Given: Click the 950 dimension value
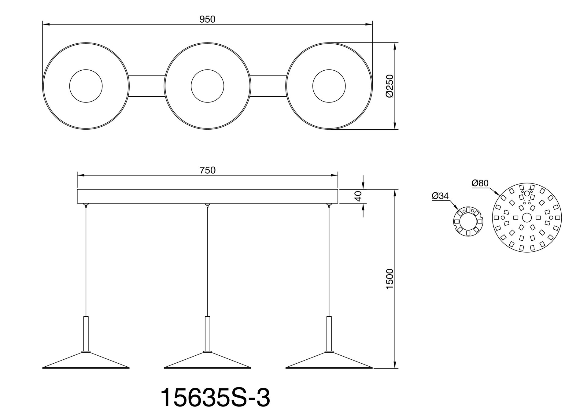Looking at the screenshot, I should click(x=207, y=19).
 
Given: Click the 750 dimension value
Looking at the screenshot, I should click(x=207, y=170).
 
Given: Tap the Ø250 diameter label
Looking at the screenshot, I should click(x=389, y=86).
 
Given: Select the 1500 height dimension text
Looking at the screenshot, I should click(x=389, y=279).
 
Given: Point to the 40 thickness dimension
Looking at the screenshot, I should click(x=358, y=196).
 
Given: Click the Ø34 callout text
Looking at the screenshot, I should click(x=440, y=196).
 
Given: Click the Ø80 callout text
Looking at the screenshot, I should click(x=480, y=183).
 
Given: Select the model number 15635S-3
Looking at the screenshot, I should click(x=215, y=398).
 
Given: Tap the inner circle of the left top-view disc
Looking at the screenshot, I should click(x=86, y=86).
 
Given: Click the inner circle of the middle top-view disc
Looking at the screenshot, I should click(x=207, y=86).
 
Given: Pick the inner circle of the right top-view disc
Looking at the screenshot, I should click(x=329, y=86).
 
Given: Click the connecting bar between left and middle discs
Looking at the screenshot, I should click(x=147, y=86).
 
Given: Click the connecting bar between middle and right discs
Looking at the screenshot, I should click(x=268, y=86).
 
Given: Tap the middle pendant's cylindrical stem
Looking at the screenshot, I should click(x=207, y=333).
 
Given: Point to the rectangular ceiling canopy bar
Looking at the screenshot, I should click(x=207, y=196).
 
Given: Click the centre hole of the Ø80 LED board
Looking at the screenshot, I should click(x=526, y=217).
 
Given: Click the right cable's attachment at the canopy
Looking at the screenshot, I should click(x=329, y=205).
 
